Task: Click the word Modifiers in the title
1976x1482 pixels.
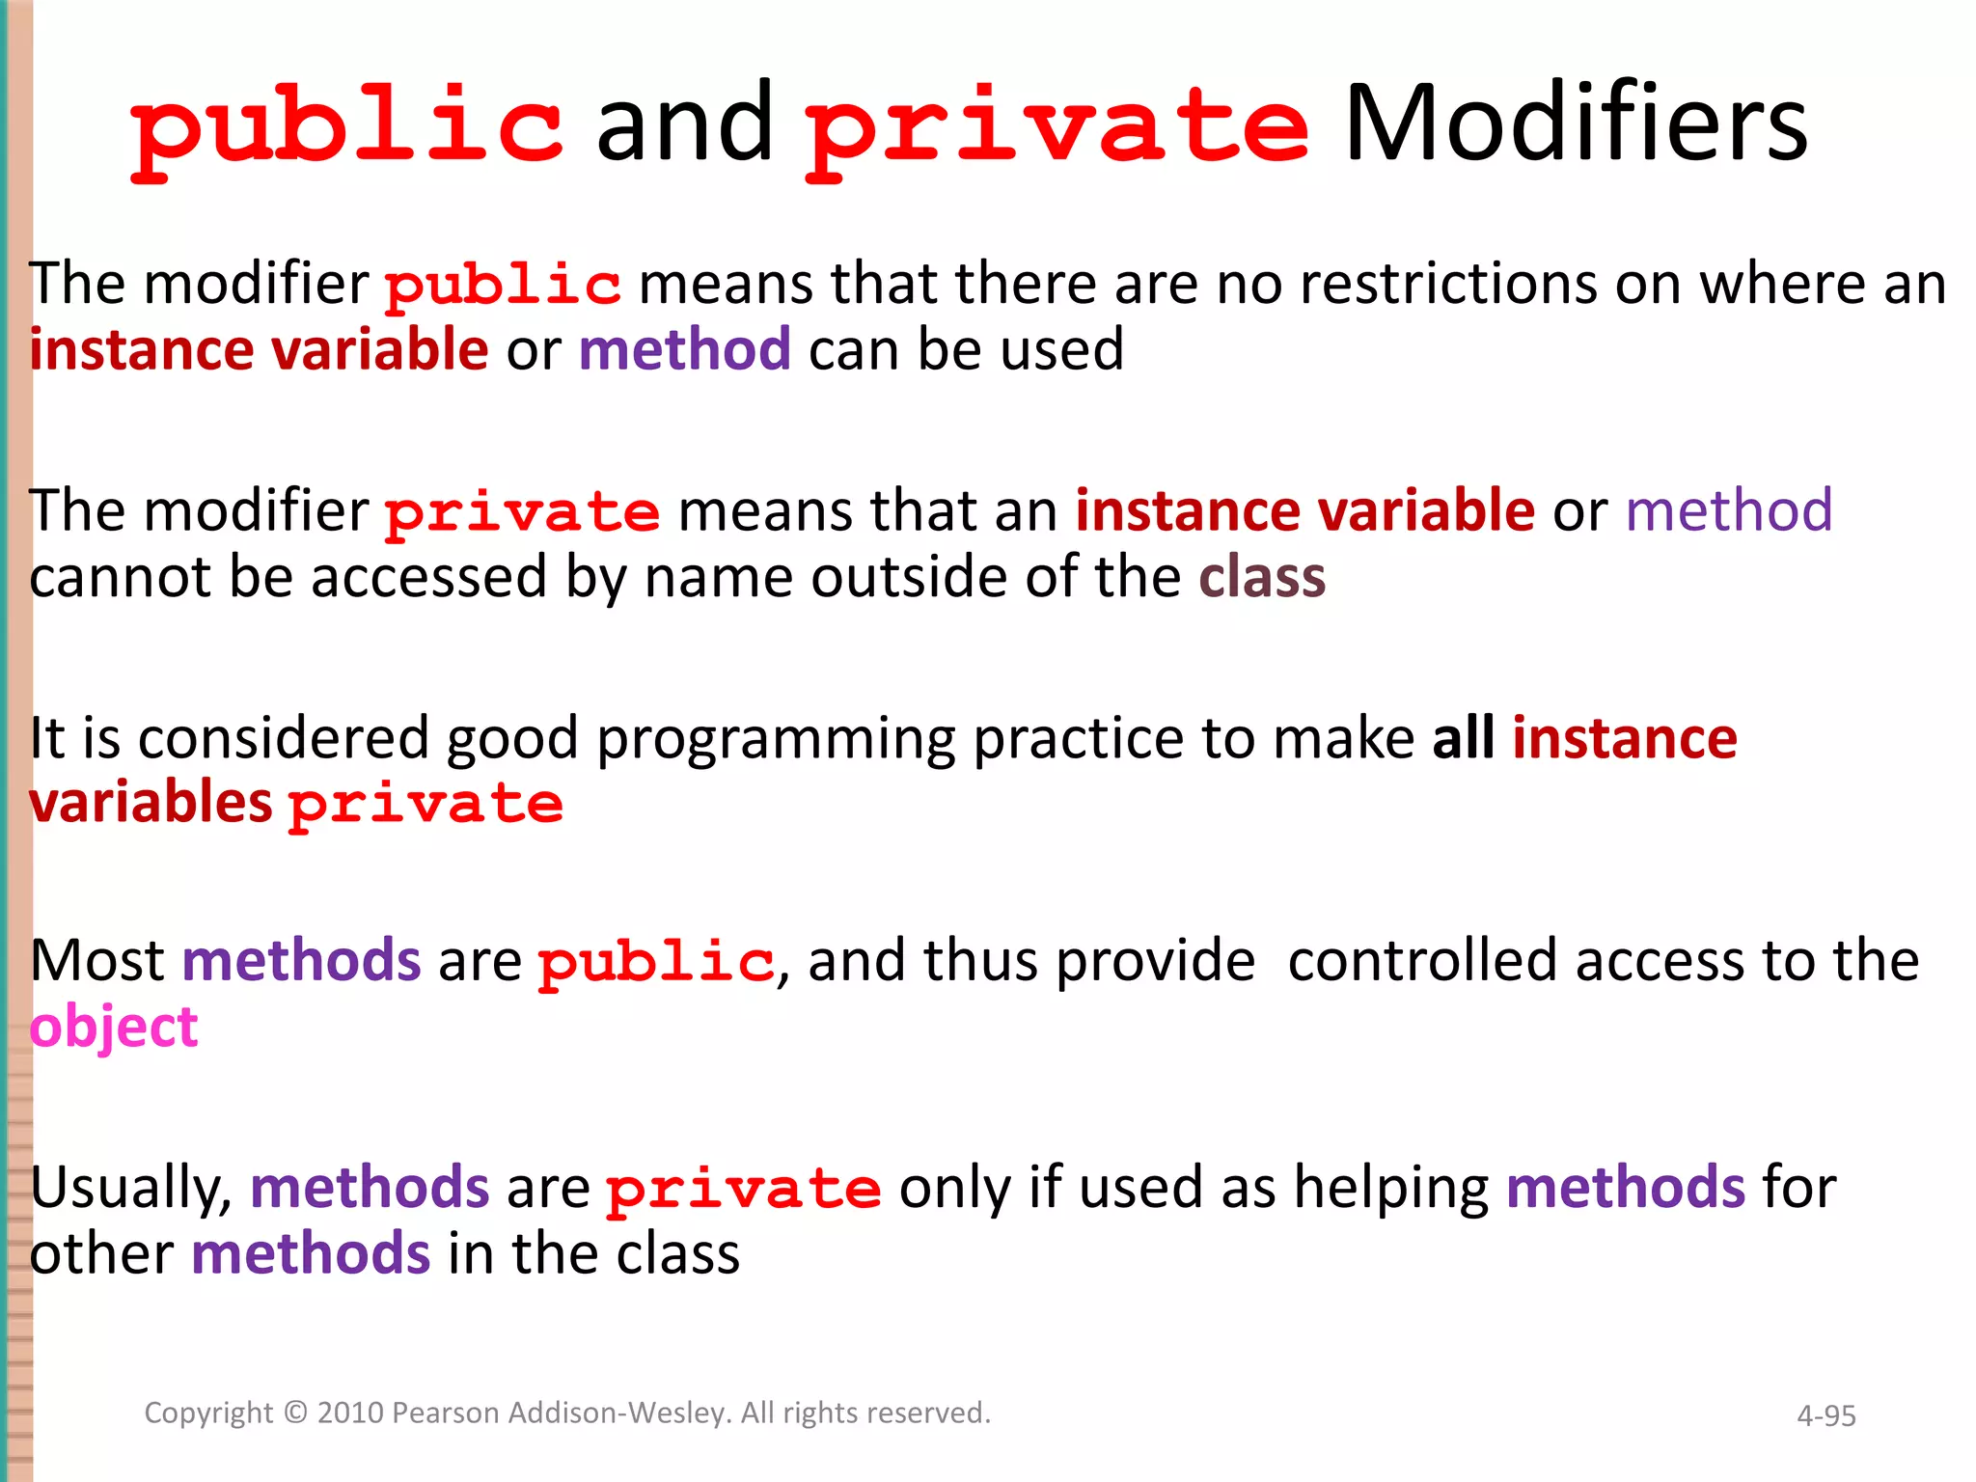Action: (1576, 123)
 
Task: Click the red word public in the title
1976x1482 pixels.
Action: (347, 128)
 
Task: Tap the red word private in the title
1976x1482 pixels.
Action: (1057, 128)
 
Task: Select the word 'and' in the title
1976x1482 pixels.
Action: (684, 123)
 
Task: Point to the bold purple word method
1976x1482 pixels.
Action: (684, 349)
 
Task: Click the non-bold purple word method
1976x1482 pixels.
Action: (1728, 510)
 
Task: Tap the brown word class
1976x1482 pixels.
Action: (1261, 577)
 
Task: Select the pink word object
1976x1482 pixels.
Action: (113, 1028)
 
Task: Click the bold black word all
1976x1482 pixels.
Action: (1463, 738)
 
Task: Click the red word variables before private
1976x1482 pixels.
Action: (151, 803)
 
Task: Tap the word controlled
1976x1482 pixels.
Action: (1421, 961)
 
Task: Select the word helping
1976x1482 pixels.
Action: (1390, 1189)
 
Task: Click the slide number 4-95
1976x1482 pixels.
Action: (1825, 1415)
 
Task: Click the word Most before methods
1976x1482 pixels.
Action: (97, 961)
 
